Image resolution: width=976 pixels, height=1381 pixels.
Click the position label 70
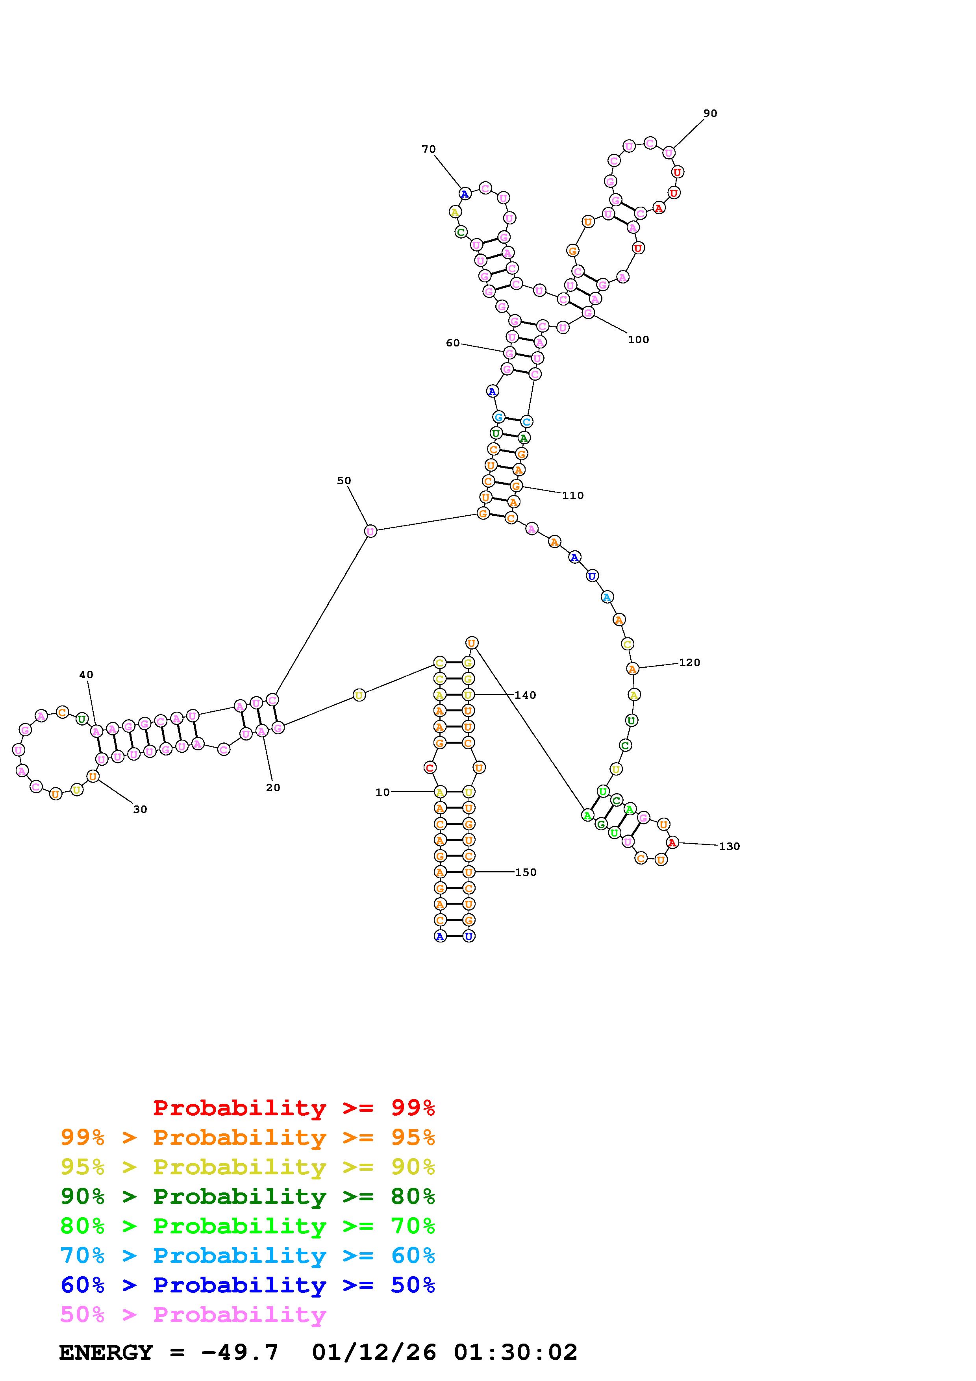pos(428,149)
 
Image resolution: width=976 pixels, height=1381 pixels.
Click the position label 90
pos(710,113)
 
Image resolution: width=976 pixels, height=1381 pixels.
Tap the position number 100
pos(638,340)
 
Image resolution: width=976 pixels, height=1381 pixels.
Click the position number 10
pos(382,793)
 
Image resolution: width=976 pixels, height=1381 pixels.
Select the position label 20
pos(273,788)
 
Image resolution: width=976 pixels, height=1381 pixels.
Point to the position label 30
pos(140,810)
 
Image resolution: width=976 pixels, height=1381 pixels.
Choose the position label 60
pos(452,343)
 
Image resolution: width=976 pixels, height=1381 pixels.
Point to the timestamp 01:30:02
pos(515,1352)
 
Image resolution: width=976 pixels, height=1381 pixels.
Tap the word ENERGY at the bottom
pos(106,1352)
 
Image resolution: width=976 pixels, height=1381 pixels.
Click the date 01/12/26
pos(374,1352)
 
